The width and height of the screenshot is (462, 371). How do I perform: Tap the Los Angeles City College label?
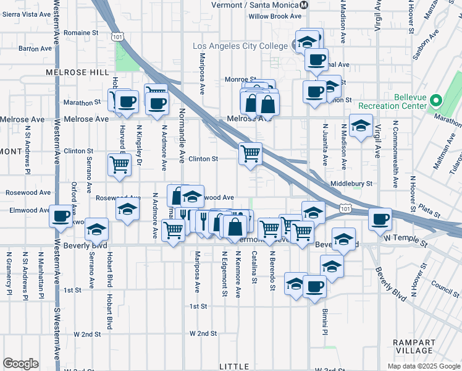pyautogui.click(x=240, y=46)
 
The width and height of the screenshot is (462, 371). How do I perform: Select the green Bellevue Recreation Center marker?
pyautogui.click(x=437, y=100)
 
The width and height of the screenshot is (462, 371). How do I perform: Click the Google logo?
pyautogui.click(x=20, y=364)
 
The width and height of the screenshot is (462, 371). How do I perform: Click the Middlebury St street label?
pyautogui.click(x=351, y=184)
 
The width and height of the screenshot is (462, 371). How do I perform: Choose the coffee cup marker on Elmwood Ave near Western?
pyautogui.click(x=61, y=216)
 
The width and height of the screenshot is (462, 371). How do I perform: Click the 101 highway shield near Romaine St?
pyautogui.click(x=117, y=37)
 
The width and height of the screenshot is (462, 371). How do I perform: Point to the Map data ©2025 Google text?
pyautogui.click(x=423, y=366)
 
